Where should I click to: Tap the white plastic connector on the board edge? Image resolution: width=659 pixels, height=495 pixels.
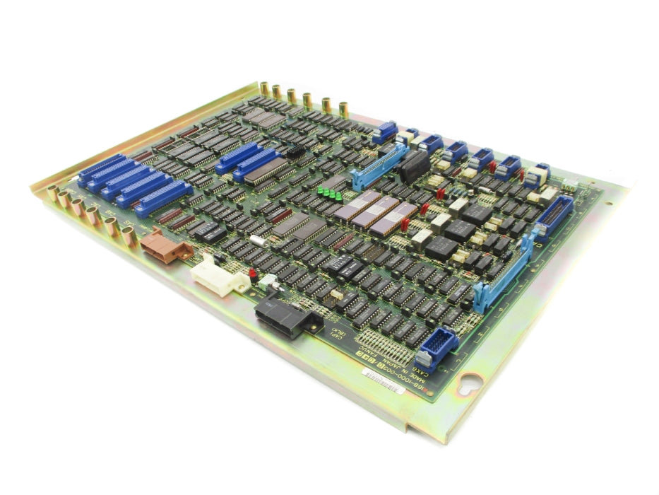[218, 275]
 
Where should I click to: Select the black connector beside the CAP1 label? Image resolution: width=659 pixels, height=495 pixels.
[280, 315]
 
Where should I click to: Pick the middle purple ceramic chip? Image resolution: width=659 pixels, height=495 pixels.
[376, 210]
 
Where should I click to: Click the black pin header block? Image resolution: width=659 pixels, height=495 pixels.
[296, 151]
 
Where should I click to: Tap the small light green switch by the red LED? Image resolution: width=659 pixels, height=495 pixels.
[269, 284]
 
